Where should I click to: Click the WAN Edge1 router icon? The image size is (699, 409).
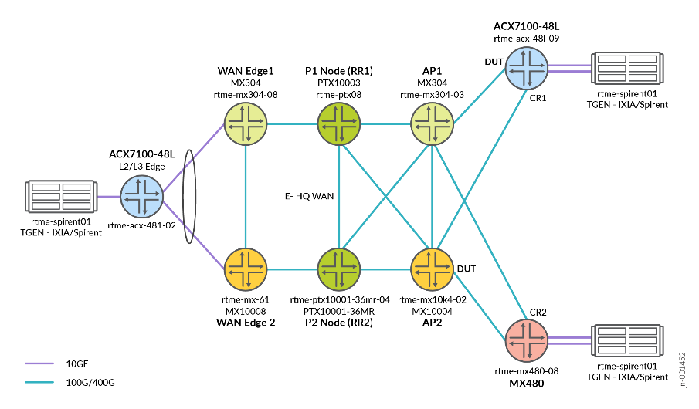(x=246, y=123)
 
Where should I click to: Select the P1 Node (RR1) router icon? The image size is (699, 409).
(x=339, y=123)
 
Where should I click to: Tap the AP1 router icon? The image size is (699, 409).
(x=432, y=123)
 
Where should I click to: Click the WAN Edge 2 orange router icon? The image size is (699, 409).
(x=246, y=269)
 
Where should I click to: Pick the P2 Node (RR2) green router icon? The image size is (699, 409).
(x=339, y=269)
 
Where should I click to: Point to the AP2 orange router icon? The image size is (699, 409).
(x=432, y=269)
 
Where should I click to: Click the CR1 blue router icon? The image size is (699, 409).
(x=528, y=68)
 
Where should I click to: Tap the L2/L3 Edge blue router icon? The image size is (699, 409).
(x=142, y=196)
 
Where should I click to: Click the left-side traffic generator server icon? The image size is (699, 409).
(x=63, y=196)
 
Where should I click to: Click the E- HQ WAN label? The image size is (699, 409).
(x=308, y=196)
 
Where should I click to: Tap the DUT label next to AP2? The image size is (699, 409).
(x=467, y=269)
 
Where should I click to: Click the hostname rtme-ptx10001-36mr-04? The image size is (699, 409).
(x=339, y=299)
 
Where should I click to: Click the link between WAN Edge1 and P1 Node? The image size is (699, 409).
(x=292, y=123)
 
